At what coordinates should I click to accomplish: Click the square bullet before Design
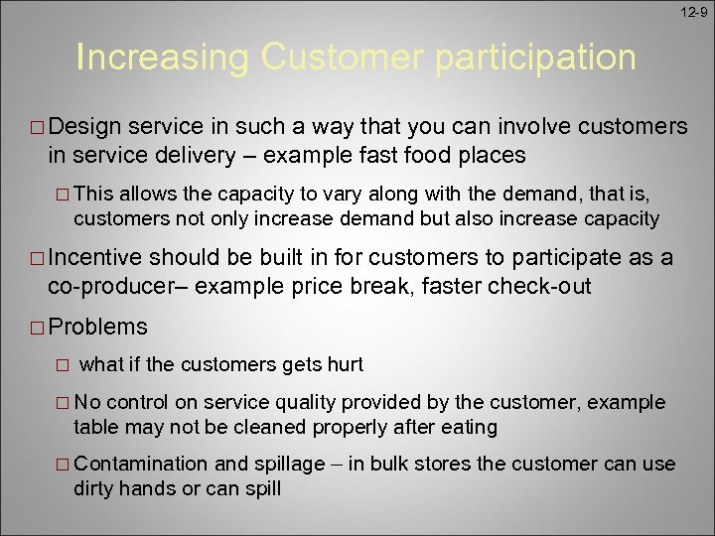coord(38,128)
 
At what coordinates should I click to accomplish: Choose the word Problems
coord(97,327)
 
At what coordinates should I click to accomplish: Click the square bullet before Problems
coord(38,328)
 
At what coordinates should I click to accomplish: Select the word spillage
coord(290,465)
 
